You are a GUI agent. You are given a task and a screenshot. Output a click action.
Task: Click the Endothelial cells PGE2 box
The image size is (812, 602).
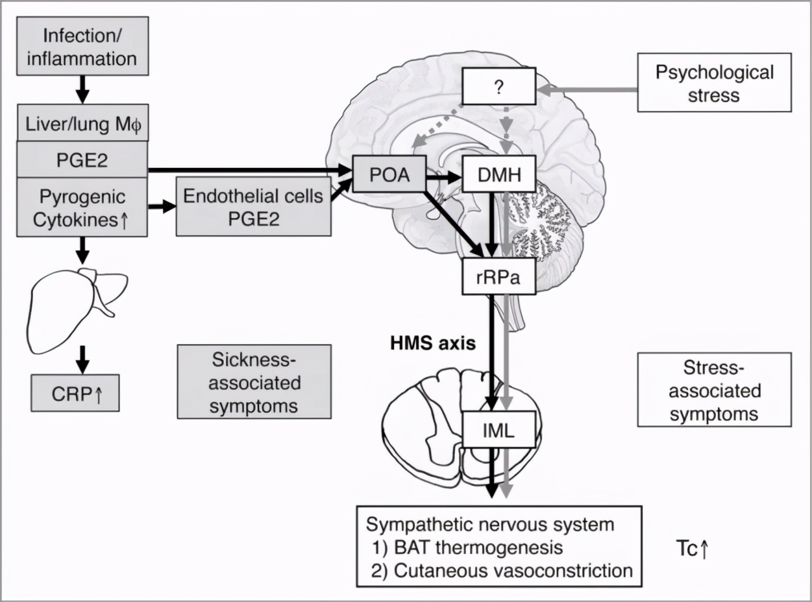tap(253, 206)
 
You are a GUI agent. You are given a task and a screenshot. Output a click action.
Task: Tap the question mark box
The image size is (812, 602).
tap(500, 87)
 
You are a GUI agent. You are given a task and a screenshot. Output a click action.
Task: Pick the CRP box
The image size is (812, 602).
tap(75, 393)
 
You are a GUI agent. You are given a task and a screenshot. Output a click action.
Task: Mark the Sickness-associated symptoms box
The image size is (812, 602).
tap(254, 381)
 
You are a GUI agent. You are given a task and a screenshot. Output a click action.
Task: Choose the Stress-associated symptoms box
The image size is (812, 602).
tap(714, 389)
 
